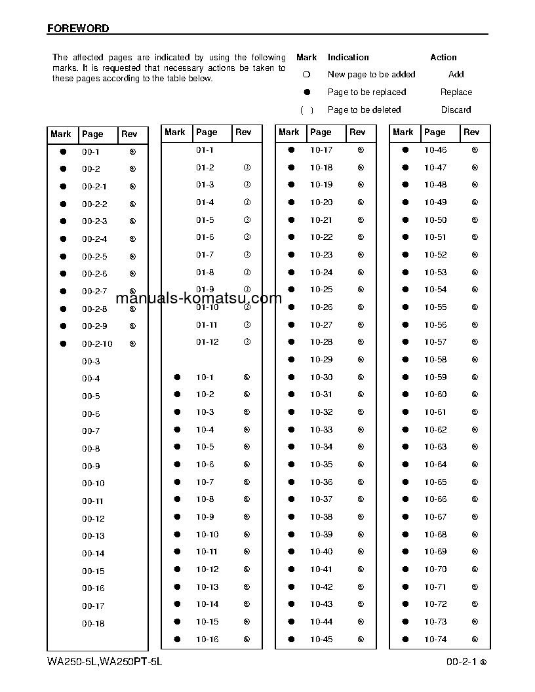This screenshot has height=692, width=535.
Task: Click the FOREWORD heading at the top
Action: click(78, 29)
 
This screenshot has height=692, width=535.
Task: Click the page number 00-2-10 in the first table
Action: click(97, 344)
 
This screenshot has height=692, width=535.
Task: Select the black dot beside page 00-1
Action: click(64, 151)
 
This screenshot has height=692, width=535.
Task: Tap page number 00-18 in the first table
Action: click(93, 624)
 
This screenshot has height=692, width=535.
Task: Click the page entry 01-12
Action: click(207, 342)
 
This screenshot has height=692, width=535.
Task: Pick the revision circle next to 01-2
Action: click(247, 168)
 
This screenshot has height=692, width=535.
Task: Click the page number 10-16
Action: click(207, 640)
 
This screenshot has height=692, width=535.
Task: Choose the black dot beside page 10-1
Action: click(177, 377)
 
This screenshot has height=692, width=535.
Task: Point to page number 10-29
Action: click(321, 360)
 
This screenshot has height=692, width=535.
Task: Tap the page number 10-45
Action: click(321, 640)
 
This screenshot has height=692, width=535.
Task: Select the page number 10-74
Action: click(435, 640)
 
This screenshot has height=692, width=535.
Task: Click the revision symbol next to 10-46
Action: click(475, 150)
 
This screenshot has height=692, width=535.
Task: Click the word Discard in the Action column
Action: click(456, 110)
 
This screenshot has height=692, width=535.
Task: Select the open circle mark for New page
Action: click(306, 75)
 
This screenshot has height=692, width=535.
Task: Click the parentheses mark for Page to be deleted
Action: click(306, 110)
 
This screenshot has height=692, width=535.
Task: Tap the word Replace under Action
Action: click(456, 92)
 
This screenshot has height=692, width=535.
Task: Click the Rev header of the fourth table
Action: click(471, 132)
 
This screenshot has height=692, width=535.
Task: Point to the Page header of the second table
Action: click(207, 132)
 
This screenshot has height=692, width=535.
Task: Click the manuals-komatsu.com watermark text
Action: click(198, 299)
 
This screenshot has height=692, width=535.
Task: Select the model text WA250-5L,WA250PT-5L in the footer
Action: click(104, 662)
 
